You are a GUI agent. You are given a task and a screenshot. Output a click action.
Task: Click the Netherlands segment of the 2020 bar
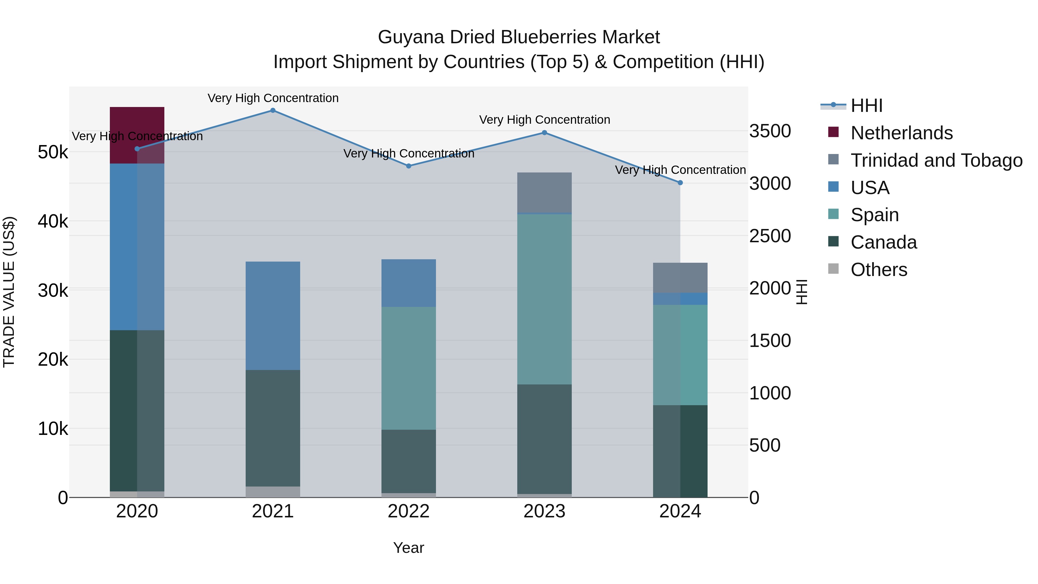coord(137,121)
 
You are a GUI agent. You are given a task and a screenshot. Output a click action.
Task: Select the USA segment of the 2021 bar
coord(273,316)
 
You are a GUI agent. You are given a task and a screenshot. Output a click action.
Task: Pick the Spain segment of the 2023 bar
coord(544,299)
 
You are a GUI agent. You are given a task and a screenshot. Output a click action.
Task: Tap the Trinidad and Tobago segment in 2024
coord(680,278)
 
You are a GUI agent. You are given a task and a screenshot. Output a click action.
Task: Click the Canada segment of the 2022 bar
coord(409,461)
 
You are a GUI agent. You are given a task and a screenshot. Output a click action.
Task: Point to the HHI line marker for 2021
coord(273,110)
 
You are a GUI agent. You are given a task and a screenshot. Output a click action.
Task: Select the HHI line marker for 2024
coord(680,183)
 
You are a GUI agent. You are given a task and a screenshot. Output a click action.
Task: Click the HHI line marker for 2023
coord(544,133)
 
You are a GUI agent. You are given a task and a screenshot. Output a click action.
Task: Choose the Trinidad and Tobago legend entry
coord(936,160)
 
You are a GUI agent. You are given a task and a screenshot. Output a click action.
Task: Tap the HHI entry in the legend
coord(866,106)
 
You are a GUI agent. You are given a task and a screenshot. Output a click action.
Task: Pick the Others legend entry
coord(879,270)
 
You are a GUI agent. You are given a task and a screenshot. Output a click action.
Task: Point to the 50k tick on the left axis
coord(53,152)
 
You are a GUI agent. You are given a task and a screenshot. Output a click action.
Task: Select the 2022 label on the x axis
coord(409,511)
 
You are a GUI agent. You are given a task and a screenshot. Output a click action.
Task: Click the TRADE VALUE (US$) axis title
coord(9,292)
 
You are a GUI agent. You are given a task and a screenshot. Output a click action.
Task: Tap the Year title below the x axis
coord(409,548)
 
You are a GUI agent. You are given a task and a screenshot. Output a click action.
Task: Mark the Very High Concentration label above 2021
coord(273,98)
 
